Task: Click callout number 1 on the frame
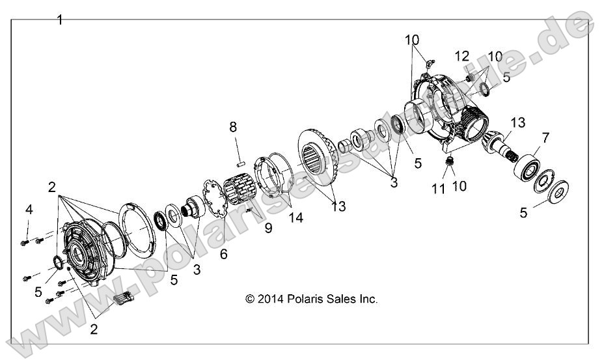click(60, 20)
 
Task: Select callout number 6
click(223, 255)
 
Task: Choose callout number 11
click(439, 189)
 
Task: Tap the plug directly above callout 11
click(448, 159)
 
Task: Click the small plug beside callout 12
click(469, 77)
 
